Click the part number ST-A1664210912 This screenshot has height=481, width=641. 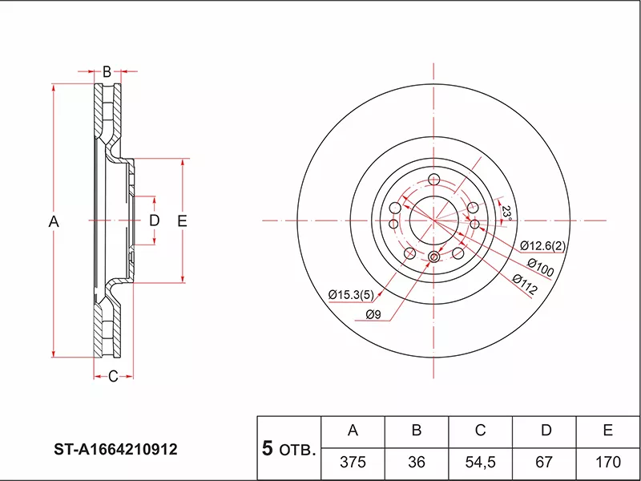116,450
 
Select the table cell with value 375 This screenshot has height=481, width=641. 353,463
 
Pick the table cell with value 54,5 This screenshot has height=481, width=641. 481,463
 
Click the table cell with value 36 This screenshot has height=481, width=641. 417,463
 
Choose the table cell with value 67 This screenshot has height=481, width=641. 545,463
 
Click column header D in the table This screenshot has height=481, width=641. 545,431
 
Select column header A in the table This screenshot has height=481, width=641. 353,431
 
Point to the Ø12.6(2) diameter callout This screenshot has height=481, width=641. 542,245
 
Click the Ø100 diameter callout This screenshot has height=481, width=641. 540,267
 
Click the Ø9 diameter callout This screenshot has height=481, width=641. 373,314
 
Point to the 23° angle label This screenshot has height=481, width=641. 506,212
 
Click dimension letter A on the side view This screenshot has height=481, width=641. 54,220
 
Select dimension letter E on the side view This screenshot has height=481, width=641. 182,220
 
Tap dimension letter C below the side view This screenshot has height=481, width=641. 113,376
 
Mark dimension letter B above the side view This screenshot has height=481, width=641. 106,71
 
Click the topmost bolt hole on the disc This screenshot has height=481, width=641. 434,179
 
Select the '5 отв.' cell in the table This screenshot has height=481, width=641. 288,447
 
